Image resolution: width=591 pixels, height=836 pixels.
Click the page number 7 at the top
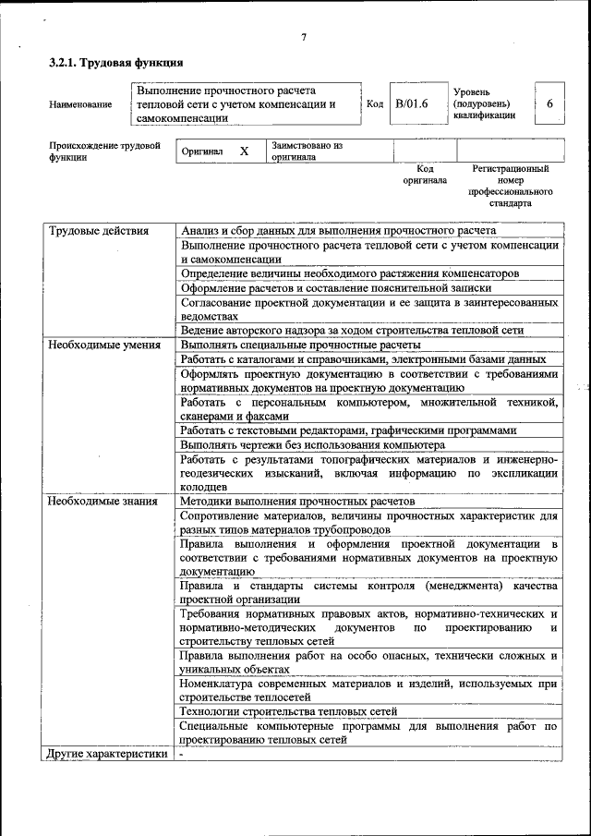click(x=303, y=37)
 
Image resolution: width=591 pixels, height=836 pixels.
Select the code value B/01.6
click(x=412, y=104)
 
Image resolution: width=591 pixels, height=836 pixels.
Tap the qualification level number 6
click(x=550, y=104)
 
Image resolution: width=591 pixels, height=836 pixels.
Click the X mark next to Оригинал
click(x=244, y=151)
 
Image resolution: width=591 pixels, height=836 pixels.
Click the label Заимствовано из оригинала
click(x=307, y=151)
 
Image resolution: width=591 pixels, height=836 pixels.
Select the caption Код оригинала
click(x=425, y=175)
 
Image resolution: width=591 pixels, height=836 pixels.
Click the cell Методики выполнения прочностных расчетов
click(x=297, y=501)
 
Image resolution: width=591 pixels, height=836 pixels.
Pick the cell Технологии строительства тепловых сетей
click(x=289, y=711)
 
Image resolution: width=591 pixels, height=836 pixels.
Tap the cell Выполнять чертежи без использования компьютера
click(x=312, y=444)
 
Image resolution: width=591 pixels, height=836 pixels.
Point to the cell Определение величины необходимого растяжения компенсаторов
click(x=349, y=274)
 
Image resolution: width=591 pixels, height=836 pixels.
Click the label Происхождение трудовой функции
click(x=104, y=151)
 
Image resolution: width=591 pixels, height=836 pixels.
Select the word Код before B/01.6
click(x=375, y=104)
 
